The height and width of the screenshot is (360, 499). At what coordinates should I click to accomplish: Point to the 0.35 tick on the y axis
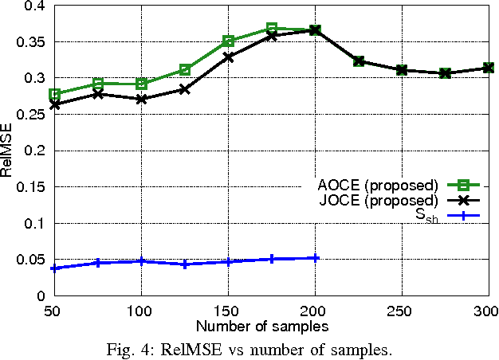(31, 41)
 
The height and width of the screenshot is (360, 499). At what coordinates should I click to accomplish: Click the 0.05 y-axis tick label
(31, 260)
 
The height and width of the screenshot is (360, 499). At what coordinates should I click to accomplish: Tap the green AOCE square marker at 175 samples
(272, 29)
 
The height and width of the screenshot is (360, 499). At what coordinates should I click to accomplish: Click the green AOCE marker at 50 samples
(55, 94)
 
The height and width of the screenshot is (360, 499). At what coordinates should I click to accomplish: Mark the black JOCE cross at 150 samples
(229, 57)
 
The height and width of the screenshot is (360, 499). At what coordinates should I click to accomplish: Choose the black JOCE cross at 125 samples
(185, 89)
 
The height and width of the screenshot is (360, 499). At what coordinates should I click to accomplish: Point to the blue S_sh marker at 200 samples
(316, 258)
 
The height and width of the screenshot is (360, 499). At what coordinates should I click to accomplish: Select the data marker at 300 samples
(487, 68)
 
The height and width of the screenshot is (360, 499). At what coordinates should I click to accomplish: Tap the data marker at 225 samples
(359, 61)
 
